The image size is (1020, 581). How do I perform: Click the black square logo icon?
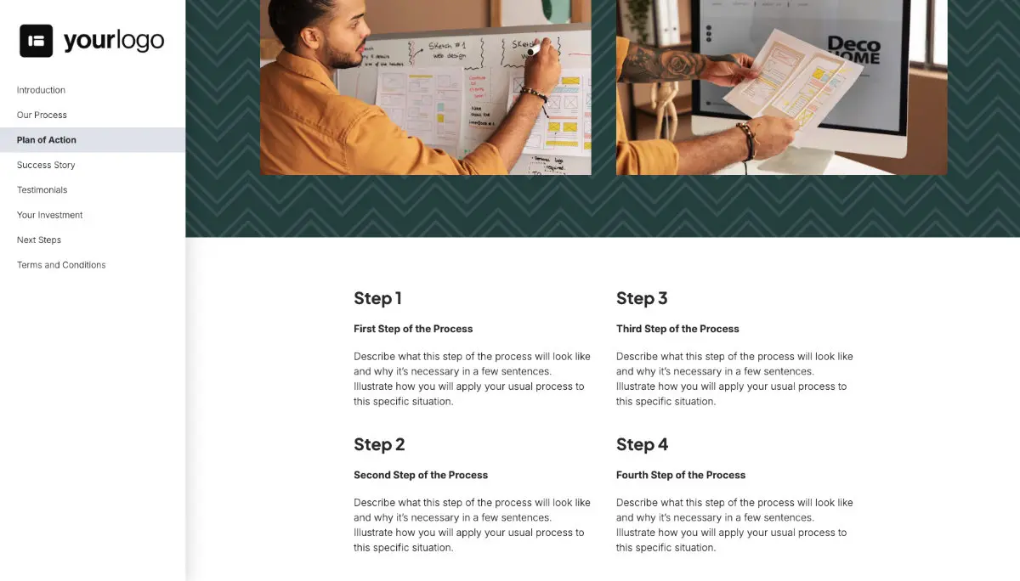click(x=37, y=41)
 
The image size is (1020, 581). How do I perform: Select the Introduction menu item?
click(x=41, y=90)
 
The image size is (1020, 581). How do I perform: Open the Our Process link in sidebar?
click(x=42, y=115)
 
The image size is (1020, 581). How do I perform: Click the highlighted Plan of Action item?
click(x=47, y=140)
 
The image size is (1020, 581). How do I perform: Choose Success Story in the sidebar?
click(x=46, y=165)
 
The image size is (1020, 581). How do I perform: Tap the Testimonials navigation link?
click(x=42, y=190)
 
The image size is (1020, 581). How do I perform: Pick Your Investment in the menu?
click(x=50, y=215)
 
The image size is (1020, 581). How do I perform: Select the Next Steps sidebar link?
click(x=39, y=240)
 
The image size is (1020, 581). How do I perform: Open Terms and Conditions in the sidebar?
click(x=61, y=265)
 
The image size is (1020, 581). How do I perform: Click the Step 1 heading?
click(x=377, y=298)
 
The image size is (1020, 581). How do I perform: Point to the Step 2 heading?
click(x=379, y=444)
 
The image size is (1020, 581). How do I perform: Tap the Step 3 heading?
click(x=642, y=298)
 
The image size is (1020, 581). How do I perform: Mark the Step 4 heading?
click(x=642, y=444)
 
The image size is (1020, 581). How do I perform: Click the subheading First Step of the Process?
click(x=413, y=329)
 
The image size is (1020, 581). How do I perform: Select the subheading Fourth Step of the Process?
click(x=681, y=475)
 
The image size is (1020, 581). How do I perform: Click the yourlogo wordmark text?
click(x=114, y=41)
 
